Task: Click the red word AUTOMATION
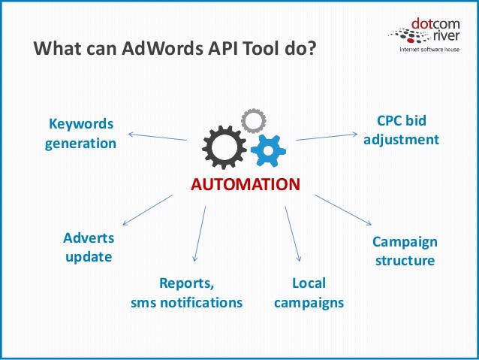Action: (x=244, y=184)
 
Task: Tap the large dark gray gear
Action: (x=224, y=147)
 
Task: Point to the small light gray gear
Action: (x=253, y=120)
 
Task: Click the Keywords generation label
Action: (x=80, y=133)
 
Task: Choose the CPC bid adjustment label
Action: (x=396, y=129)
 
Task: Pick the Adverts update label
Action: (x=89, y=247)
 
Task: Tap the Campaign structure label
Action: (x=404, y=252)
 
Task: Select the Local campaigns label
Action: (x=308, y=293)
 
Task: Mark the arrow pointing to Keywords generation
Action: (x=157, y=137)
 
